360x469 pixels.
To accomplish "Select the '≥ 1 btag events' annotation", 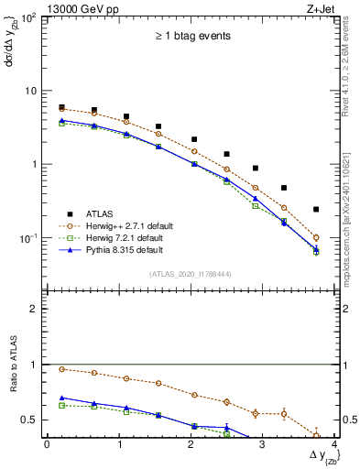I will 192,37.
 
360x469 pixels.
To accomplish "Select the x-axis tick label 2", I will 191,444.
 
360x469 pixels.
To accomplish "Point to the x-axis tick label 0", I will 47,444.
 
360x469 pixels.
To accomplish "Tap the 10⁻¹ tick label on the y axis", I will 28,238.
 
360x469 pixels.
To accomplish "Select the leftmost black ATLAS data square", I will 61,107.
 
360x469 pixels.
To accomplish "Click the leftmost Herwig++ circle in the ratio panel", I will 61,369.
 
